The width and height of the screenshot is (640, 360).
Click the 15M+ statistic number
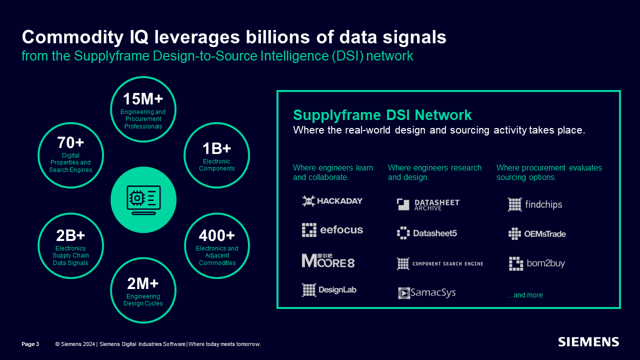tap(143, 99)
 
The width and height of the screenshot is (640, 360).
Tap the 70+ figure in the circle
tap(70, 142)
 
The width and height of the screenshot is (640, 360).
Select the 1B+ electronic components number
tap(216, 148)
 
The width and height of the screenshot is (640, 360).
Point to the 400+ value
tap(216, 235)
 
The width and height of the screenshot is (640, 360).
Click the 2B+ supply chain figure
tap(70, 235)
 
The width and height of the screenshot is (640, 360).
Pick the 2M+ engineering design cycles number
tap(143, 283)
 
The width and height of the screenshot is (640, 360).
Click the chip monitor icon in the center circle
tap(143, 200)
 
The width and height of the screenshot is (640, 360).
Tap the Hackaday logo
tap(332, 201)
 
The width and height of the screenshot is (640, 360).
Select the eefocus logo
tap(332, 230)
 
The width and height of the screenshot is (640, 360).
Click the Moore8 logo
tap(328, 260)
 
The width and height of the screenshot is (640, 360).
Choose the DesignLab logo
tap(329, 290)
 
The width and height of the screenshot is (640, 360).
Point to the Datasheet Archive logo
tap(428, 204)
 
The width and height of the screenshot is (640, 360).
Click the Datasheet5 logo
tap(427, 233)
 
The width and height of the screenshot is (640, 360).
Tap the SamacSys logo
tap(427, 293)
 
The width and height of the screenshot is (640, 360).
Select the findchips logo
tap(535, 204)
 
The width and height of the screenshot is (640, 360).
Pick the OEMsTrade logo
tap(537, 233)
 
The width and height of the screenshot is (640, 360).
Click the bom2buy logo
tap(537, 263)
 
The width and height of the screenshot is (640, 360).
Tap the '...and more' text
tap(524, 295)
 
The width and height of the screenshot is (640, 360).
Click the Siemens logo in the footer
tap(588, 342)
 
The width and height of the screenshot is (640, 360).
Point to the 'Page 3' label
tap(30, 344)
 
